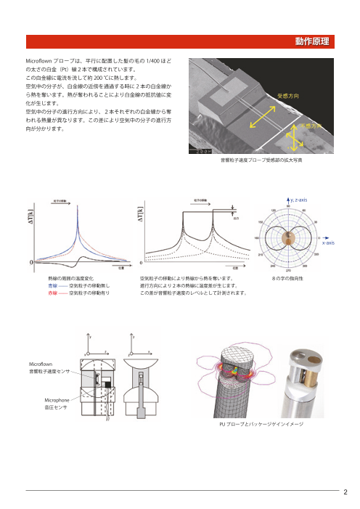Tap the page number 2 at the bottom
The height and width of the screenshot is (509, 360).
[346, 489]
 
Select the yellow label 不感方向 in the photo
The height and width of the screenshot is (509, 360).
[311, 126]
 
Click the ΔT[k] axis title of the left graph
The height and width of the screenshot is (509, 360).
[32, 221]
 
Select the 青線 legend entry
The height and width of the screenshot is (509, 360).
[53, 287]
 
